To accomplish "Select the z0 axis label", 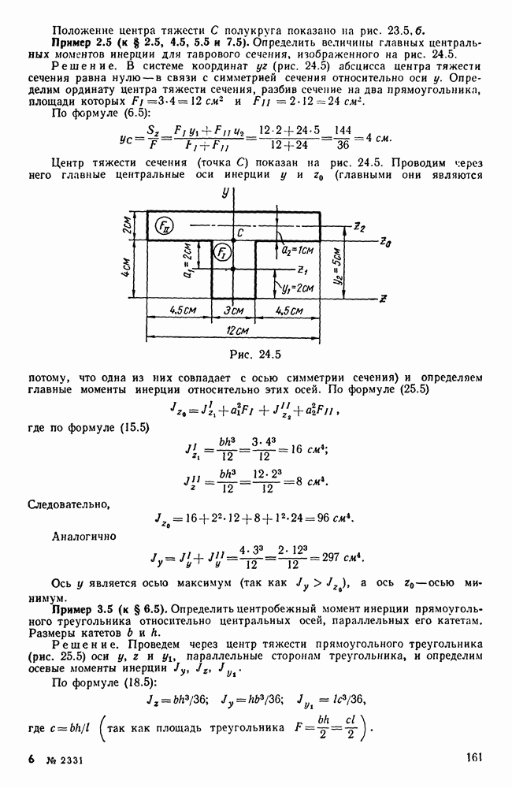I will click(384, 241).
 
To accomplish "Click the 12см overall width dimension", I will click(232, 331).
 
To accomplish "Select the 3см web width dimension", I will click(233, 311).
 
